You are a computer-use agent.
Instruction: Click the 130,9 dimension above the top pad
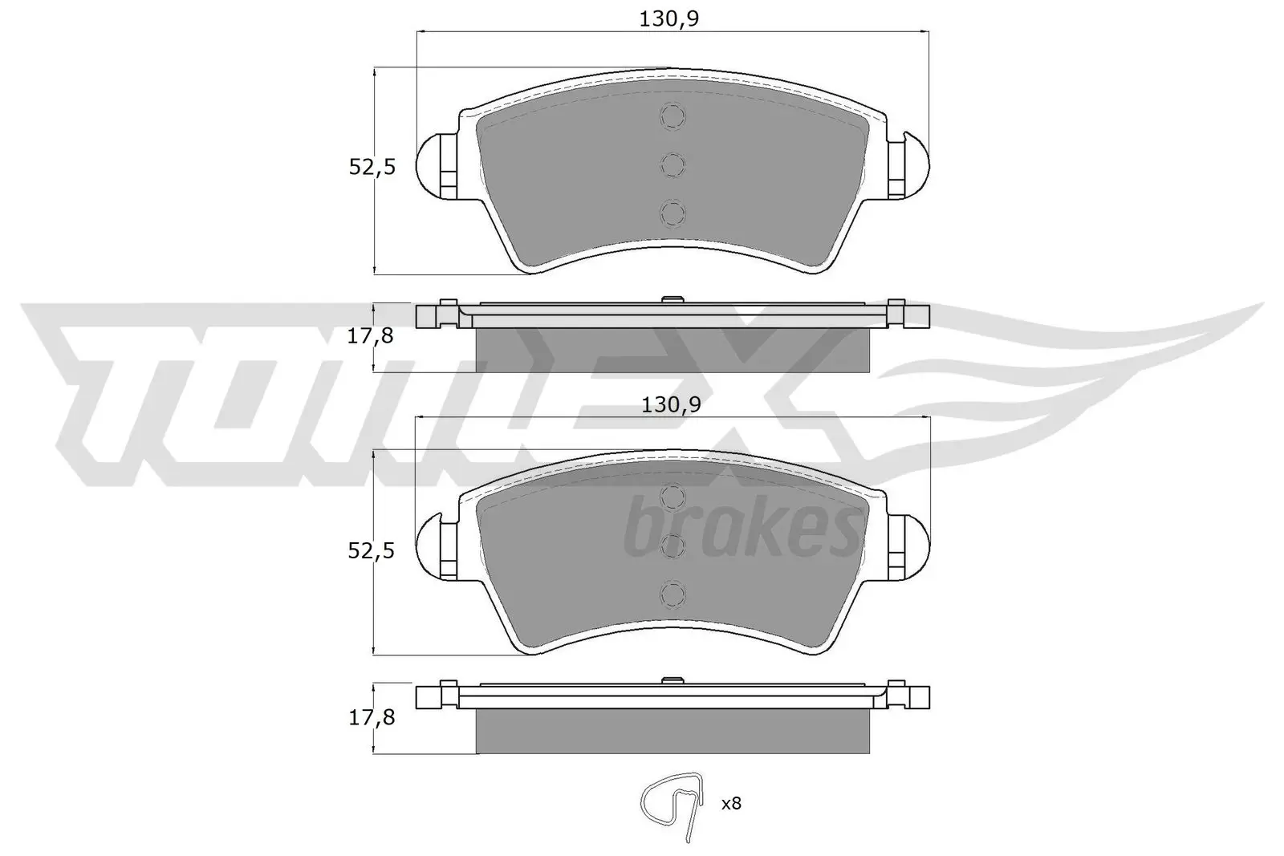click(669, 18)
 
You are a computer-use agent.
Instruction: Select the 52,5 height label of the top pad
click(372, 167)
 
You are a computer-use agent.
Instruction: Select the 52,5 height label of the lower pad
click(371, 550)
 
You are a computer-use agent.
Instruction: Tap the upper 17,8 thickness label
click(370, 336)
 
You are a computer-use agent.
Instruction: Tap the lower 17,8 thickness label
click(370, 717)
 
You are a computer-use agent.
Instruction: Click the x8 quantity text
click(730, 803)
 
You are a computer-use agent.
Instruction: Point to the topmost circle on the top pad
click(672, 117)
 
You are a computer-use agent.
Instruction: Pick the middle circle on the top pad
click(672, 165)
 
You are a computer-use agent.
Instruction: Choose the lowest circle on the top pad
click(672, 213)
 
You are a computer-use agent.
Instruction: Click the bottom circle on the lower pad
click(672, 594)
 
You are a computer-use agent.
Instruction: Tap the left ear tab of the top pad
click(437, 165)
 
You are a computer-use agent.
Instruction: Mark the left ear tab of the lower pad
click(437, 547)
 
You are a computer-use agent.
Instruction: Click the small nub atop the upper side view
click(672, 300)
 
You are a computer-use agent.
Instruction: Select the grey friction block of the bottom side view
click(672, 732)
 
